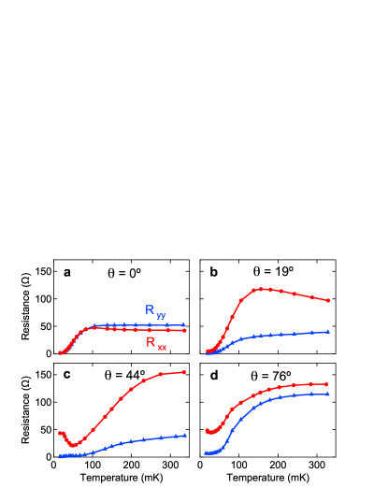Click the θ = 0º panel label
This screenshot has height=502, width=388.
[x=124, y=275]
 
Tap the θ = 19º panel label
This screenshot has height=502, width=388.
[x=273, y=272]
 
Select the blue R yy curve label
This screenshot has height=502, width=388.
[x=155, y=310]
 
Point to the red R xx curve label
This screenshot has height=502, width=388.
[x=156, y=344]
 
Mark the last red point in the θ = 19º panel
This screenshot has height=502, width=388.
[x=328, y=301]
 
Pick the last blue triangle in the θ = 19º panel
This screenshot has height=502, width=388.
[x=328, y=331]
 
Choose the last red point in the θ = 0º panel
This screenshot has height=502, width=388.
[x=184, y=330]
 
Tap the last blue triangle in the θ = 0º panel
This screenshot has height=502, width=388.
[x=184, y=324]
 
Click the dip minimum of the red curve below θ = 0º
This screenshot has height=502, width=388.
[x=71, y=446]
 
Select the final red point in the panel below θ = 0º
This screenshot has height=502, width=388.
[x=185, y=372]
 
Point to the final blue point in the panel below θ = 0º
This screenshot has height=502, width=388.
[x=185, y=435]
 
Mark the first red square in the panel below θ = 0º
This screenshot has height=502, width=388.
[x=60, y=434]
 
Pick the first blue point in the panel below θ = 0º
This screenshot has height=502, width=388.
[x=60, y=456]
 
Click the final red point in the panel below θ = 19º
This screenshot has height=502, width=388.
[x=327, y=383]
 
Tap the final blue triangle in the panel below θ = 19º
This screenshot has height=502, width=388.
[x=327, y=394]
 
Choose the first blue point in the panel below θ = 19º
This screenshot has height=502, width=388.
[x=206, y=452]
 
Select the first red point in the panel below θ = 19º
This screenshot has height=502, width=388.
[x=206, y=430]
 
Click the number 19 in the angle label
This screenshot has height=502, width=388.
[x=281, y=272]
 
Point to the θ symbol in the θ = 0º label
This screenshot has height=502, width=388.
[x=111, y=275]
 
